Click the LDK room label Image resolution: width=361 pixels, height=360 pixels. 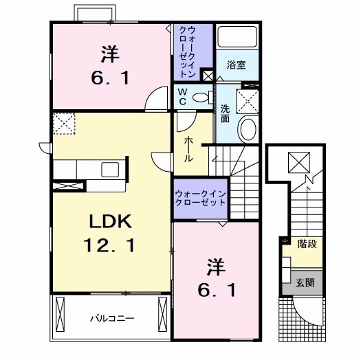[111, 221]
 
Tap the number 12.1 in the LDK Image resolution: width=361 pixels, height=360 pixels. [109, 245]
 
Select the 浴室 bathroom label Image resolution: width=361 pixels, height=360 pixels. [237, 65]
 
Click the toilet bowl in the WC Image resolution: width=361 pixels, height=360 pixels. [200, 98]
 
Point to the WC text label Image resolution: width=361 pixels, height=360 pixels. [183, 97]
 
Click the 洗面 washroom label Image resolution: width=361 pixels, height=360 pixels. [225, 113]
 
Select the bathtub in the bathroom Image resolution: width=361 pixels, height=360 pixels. [237, 36]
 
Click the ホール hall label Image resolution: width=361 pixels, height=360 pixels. [188, 149]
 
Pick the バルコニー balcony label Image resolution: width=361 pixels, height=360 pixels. [112, 318]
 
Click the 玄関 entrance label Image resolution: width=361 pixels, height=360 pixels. [305, 282]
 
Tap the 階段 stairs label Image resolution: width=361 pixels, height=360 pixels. [307, 244]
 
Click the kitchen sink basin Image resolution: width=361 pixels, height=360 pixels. [110, 170]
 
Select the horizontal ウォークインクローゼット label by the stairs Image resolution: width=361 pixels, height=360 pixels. [200, 199]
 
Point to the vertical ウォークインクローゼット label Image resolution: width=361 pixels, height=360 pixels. [188, 52]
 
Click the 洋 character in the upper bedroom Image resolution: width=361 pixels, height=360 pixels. [110, 54]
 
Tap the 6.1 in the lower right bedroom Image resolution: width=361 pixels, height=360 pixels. [217, 291]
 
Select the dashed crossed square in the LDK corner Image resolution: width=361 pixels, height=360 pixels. [64, 123]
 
